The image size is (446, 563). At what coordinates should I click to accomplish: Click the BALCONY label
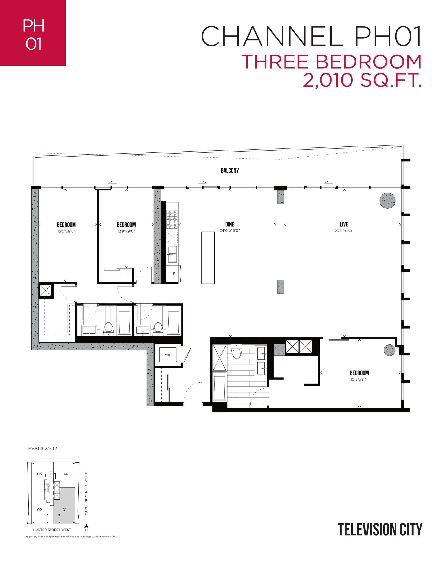tap(229, 171)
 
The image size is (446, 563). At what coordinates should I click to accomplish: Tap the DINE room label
tap(229, 224)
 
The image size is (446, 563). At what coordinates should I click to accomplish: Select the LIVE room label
tap(344, 224)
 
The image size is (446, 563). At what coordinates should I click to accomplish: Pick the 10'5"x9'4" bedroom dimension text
tap(359, 380)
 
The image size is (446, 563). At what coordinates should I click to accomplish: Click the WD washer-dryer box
tap(167, 355)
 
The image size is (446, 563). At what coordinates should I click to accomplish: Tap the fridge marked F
tap(174, 274)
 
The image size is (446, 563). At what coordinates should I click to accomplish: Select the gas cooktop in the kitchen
tap(172, 219)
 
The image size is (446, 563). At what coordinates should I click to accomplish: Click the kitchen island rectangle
tap(208, 258)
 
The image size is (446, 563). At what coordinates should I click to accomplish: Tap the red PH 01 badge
tap(33, 33)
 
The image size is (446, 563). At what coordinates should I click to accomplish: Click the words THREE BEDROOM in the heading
tap(332, 62)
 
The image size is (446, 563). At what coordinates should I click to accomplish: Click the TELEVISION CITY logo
tap(380, 530)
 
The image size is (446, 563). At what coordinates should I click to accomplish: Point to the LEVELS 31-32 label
tap(41, 448)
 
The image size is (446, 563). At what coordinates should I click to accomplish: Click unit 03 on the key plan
tap(39, 474)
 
